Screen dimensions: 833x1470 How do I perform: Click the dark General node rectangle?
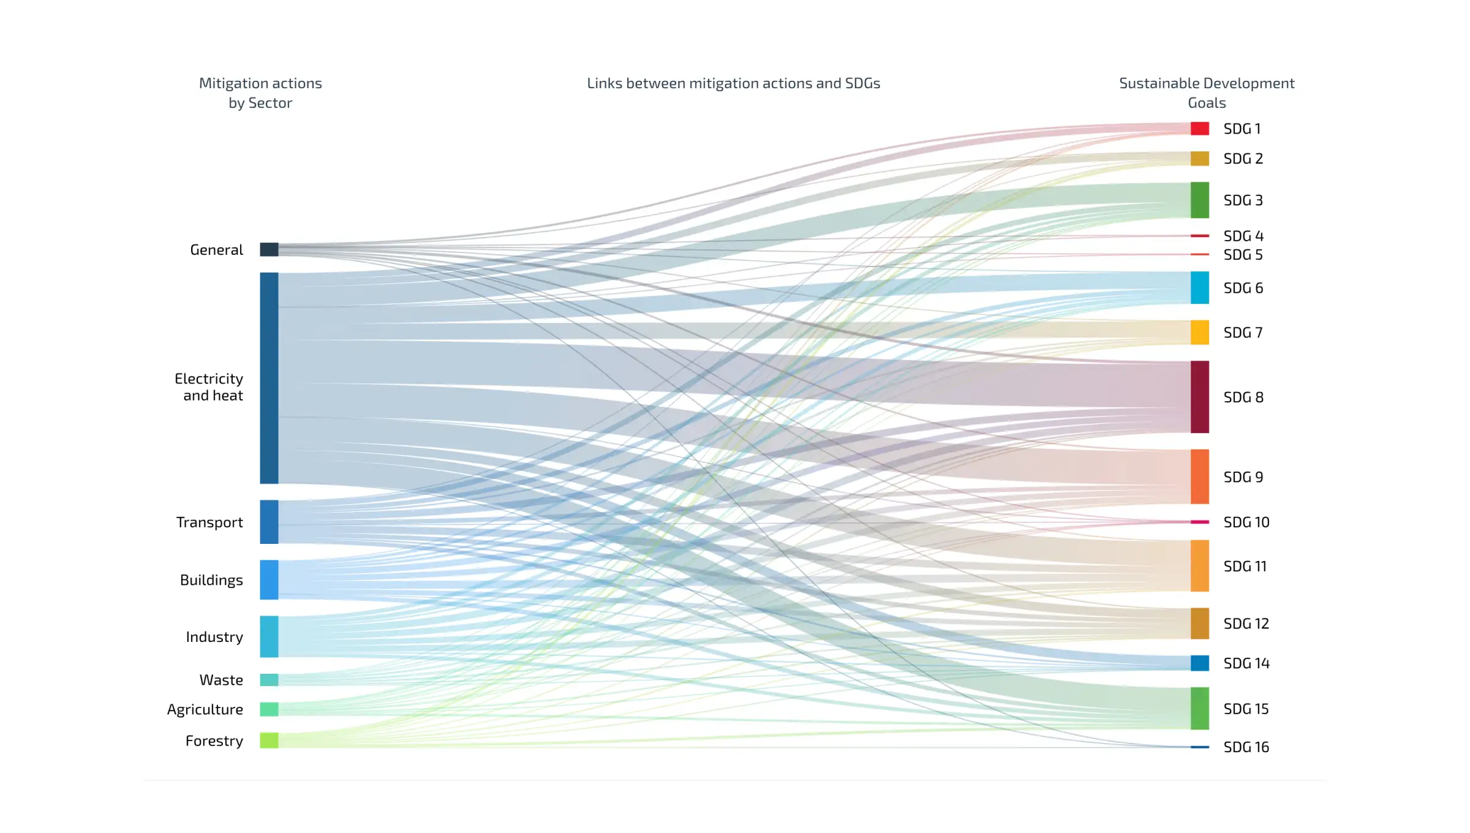click(269, 249)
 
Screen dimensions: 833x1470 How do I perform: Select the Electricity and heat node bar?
click(269, 378)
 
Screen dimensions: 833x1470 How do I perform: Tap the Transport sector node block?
click(269, 522)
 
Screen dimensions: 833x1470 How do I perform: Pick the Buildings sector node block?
click(269, 579)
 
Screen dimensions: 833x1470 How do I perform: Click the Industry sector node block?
click(269, 636)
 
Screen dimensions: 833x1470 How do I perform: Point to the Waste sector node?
click(269, 680)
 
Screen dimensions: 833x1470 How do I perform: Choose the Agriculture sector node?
click(269, 709)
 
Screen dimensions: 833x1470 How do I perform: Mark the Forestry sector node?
click(269, 741)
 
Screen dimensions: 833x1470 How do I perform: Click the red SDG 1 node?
click(1199, 129)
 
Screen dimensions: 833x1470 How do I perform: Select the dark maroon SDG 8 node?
click(1199, 397)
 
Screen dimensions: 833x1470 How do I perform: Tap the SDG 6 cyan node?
click(1199, 287)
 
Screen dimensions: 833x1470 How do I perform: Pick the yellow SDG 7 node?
click(1199, 333)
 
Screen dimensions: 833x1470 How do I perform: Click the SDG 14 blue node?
click(1199, 663)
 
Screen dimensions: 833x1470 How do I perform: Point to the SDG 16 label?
click(1246, 747)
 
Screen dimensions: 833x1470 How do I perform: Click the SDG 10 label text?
click(1246, 522)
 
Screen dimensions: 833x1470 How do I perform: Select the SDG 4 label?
click(1243, 236)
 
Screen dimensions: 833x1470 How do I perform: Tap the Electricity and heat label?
click(209, 387)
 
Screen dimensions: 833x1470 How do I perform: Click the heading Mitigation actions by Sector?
click(260, 93)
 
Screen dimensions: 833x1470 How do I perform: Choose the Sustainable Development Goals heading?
click(1207, 93)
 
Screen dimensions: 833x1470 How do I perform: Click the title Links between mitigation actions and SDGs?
click(733, 83)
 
